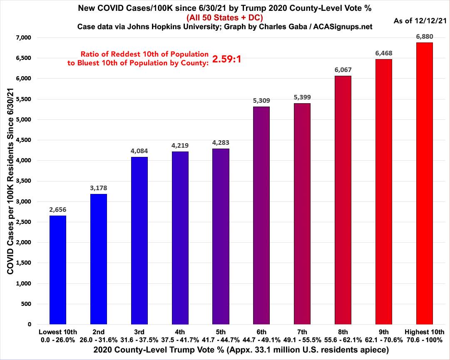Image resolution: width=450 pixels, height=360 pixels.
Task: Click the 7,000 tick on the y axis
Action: [x=23, y=38]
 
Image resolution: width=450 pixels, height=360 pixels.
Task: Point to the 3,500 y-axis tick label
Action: [x=23, y=181]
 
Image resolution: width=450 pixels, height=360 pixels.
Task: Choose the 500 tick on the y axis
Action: [x=26, y=304]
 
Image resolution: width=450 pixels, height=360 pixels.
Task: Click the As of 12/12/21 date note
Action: [x=418, y=20]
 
